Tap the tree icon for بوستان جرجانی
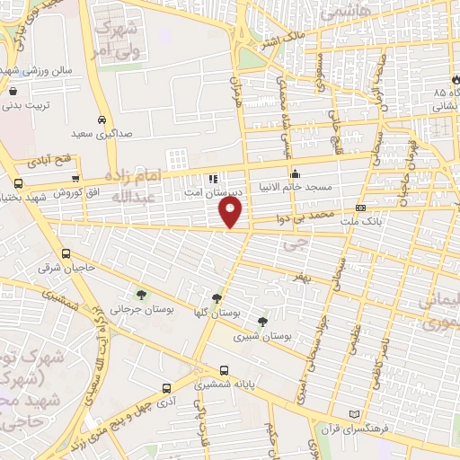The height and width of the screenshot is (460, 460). pyautogui.click(x=139, y=294)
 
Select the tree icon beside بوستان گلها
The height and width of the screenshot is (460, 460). pyautogui.click(x=217, y=298)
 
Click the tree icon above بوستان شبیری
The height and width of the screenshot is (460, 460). pyautogui.click(x=262, y=322)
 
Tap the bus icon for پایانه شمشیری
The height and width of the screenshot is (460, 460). pyautogui.click(x=224, y=369)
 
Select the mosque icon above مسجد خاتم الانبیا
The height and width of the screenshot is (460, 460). pyautogui.click(x=294, y=174)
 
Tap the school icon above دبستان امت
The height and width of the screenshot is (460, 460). pyautogui.click(x=213, y=178)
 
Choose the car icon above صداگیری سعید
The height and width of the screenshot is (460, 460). pyautogui.click(x=102, y=119)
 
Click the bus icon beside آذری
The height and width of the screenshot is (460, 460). pyautogui.click(x=166, y=388)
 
